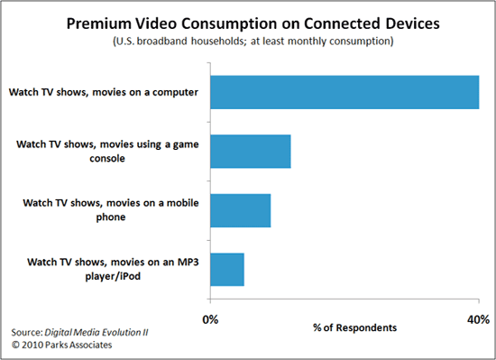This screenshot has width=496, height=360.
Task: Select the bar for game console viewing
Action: tap(251, 152)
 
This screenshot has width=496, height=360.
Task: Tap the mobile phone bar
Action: tap(241, 210)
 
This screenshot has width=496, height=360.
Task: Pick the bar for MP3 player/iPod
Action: tap(227, 269)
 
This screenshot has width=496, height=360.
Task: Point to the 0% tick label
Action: tap(211, 318)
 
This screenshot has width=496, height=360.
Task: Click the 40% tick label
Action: tap(478, 318)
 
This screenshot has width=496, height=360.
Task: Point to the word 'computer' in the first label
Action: tap(176, 92)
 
